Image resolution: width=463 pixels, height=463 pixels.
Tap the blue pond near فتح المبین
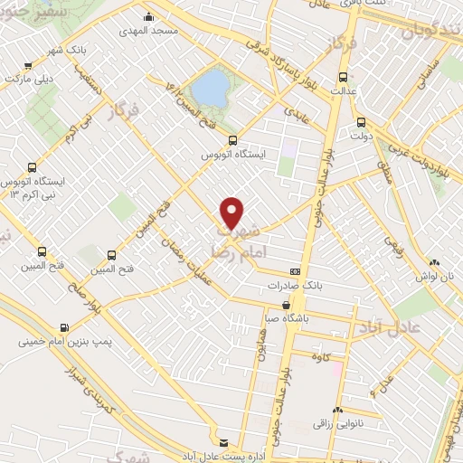click(x=211, y=88)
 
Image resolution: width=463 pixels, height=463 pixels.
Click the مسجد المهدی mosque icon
click(x=149, y=17)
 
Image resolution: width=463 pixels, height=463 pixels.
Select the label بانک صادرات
click(x=294, y=285)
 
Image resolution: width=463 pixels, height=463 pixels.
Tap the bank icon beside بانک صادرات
click(x=295, y=271)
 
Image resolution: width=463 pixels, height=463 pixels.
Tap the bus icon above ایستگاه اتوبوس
click(x=233, y=140)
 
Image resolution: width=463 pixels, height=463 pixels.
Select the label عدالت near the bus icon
click(x=342, y=90)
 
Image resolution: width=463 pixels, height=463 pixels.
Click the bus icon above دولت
click(x=362, y=122)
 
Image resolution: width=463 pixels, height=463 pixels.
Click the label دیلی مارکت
click(x=26, y=78)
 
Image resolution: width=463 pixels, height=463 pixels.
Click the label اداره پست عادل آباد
click(x=224, y=456)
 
